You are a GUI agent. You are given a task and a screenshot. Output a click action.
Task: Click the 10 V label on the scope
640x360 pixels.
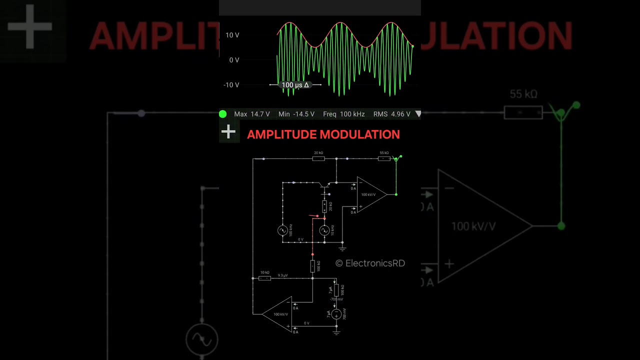[232, 35]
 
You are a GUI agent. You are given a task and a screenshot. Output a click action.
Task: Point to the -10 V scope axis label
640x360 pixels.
[231, 85]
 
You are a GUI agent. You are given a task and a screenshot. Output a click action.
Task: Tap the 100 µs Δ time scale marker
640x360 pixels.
[295, 85]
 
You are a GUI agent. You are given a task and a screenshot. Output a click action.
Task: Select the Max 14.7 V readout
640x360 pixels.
[251, 114]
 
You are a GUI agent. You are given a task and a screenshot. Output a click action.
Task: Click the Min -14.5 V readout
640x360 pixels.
[296, 114]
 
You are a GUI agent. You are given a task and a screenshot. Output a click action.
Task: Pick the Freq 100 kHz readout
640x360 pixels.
[343, 114]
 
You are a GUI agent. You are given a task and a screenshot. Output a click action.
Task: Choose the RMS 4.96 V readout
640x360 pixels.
[391, 114]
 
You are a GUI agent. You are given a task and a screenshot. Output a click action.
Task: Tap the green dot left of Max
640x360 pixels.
[223, 114]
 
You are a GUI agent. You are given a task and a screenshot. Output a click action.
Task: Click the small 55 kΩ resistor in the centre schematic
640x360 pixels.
[384, 158]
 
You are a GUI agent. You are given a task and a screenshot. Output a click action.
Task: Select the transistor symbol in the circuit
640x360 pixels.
[324, 184]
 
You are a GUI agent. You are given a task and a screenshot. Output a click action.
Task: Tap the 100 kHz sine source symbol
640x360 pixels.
[282, 230]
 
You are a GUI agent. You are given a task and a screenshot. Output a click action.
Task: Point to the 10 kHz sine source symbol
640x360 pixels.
[324, 230]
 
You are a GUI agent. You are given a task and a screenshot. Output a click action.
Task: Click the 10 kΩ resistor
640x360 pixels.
[265, 278]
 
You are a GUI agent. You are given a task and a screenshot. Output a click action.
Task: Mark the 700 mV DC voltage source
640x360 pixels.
[336, 314]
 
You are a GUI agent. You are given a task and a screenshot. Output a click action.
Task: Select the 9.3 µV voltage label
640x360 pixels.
[282, 275]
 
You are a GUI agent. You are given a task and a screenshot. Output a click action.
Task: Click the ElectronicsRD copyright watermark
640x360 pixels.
[370, 263]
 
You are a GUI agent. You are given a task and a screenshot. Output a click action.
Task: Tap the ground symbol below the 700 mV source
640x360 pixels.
[336, 331]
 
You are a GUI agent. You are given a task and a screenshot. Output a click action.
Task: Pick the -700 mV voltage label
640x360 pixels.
[336, 299]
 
